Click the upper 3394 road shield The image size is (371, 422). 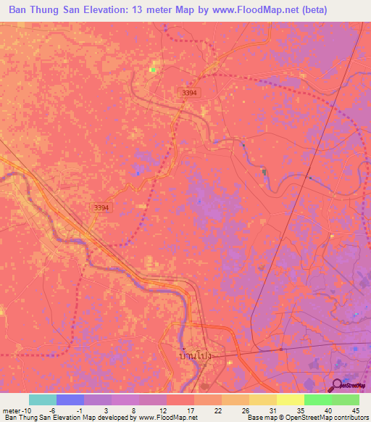pyautogui.click(x=189, y=93)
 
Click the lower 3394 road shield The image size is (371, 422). pyautogui.click(x=101, y=207)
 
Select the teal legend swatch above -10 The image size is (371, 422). pyautogui.click(x=43, y=400)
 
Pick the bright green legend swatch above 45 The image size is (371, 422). pyautogui.click(x=346, y=400)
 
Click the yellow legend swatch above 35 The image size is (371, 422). pyautogui.click(x=291, y=400)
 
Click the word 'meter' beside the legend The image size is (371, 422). pyautogui.click(x=12, y=410)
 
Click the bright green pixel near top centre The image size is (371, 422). pyautogui.click(x=152, y=70)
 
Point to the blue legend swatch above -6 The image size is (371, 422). pyautogui.click(x=70, y=400)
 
